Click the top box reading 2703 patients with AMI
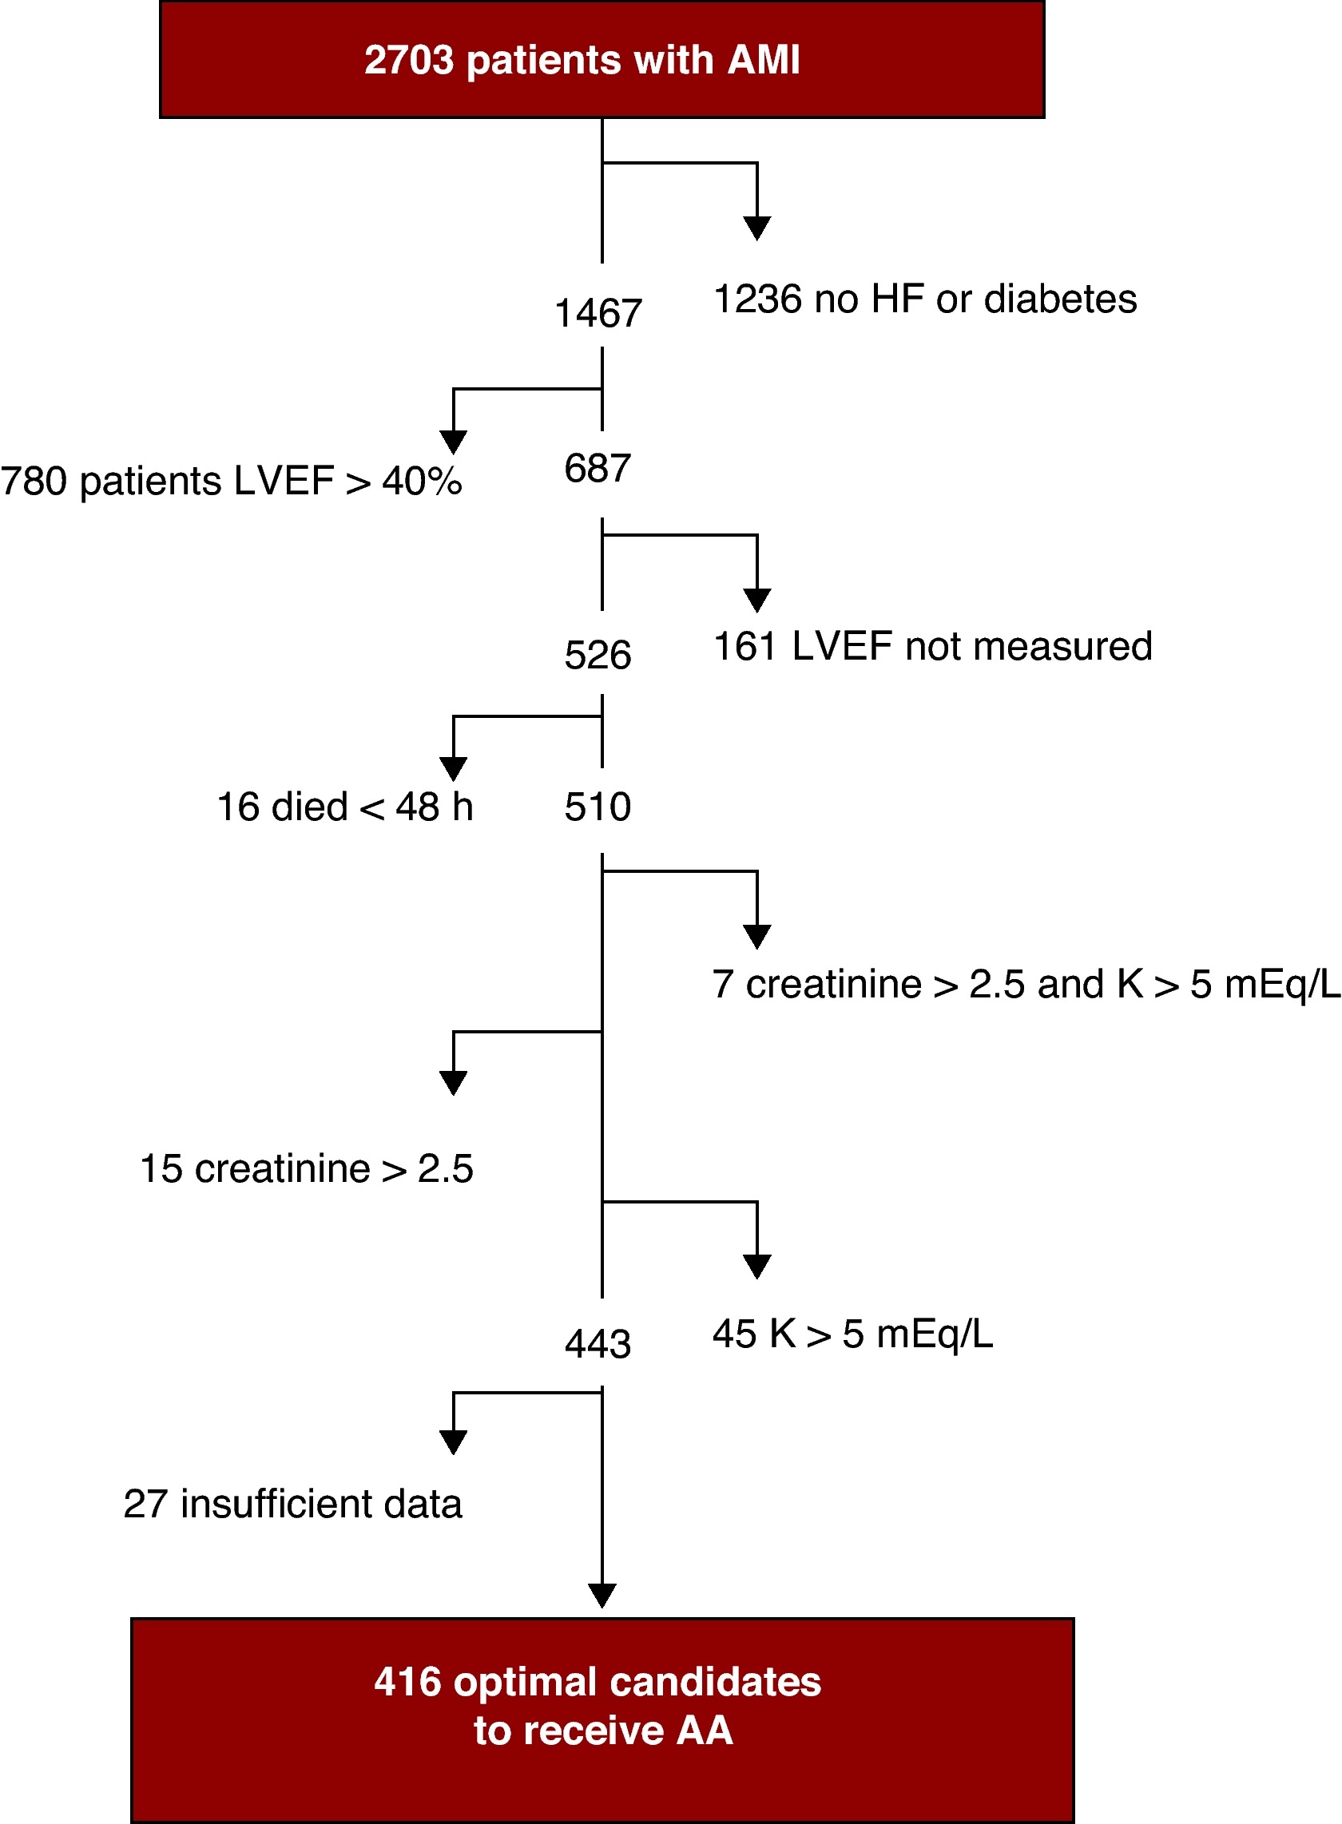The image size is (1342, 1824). (602, 60)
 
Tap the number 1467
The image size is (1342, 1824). (598, 314)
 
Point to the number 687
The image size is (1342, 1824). (598, 469)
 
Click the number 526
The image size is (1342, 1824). (598, 655)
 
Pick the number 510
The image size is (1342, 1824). (598, 807)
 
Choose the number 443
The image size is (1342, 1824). (598, 1344)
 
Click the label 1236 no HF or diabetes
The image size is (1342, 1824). (924, 299)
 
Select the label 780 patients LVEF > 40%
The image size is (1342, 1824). (232, 482)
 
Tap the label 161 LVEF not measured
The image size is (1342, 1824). (932, 647)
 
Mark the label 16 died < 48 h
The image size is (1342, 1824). (344, 807)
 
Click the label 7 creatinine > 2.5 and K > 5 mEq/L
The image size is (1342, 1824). (1026, 985)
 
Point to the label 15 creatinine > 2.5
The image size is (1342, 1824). (306, 1169)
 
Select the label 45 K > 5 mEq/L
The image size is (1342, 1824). (852, 1334)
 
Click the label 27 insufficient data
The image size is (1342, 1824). (292, 1504)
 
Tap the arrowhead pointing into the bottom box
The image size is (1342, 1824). (602, 1595)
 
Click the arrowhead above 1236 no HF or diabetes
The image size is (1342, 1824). (757, 228)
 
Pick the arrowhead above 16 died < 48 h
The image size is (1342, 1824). (453, 768)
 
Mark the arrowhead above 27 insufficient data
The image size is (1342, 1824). (453, 1442)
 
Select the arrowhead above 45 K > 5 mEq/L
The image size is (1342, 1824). (757, 1266)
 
